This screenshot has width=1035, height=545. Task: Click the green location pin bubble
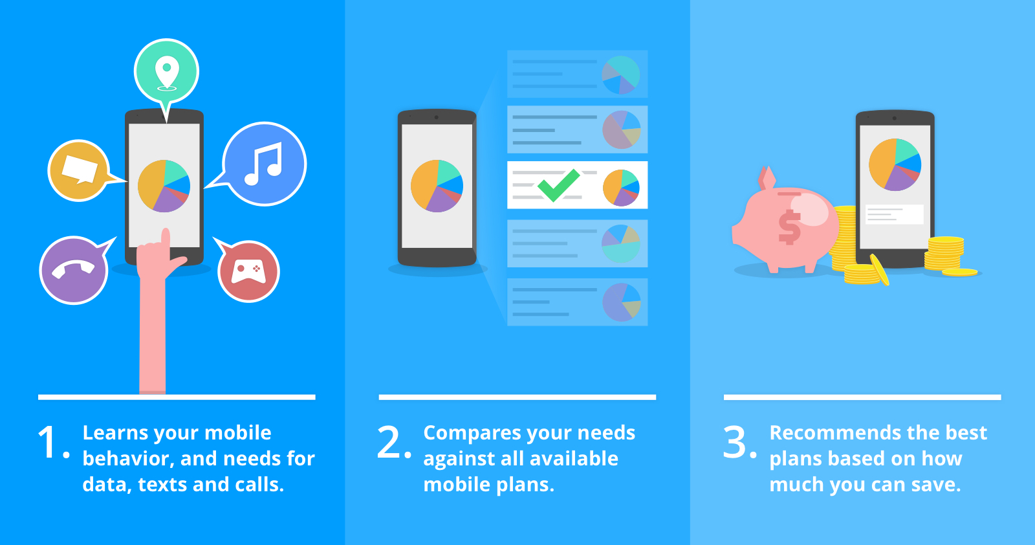(x=166, y=72)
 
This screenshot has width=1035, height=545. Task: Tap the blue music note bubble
(x=265, y=164)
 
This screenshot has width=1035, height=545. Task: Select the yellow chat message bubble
(x=79, y=170)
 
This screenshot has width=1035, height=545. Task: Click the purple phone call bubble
(x=74, y=270)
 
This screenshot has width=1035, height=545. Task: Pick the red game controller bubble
(x=248, y=271)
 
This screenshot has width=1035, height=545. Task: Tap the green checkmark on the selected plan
(x=559, y=185)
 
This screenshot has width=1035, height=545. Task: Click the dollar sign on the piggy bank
(x=789, y=227)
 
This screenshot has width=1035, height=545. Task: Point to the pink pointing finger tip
(x=165, y=231)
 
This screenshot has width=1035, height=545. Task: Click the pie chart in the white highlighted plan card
(x=621, y=187)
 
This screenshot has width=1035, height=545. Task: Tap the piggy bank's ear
(x=767, y=177)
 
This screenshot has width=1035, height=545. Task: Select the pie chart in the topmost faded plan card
(x=621, y=74)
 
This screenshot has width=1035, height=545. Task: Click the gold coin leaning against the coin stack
(x=880, y=269)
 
